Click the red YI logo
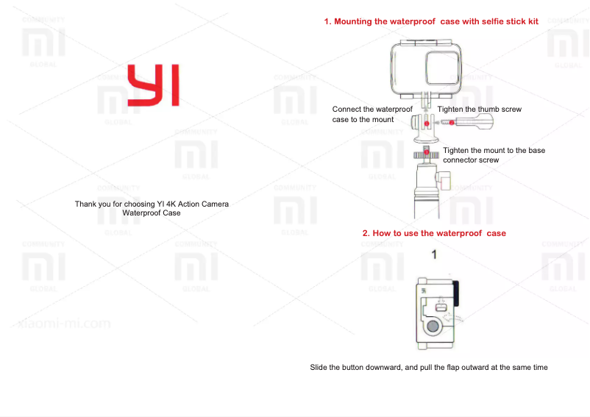(153, 85)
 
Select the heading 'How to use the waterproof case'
(434, 233)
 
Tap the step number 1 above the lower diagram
(435, 255)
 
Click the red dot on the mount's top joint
(426, 124)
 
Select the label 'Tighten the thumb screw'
(479, 109)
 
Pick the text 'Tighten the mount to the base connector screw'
(494, 154)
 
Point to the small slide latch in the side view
(441, 302)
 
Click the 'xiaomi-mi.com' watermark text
(65, 323)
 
